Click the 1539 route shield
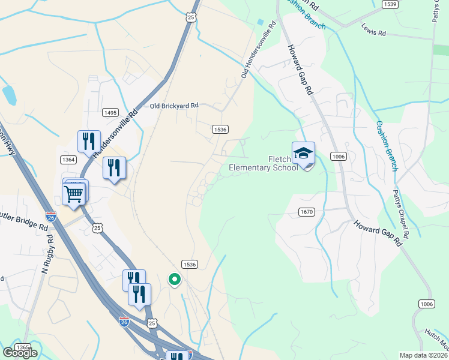pos(390,4)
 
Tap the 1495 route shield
pos(110,112)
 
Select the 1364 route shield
pos(68,159)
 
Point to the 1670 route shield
pos(306,212)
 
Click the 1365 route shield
pos(23,347)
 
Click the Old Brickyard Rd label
pos(174,106)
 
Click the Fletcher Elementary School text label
pos(264,163)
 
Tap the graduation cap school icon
pos(304,154)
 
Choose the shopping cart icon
pos(74,193)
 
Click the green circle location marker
pos(175,279)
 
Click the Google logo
pos(20,353)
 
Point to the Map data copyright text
pos(423,355)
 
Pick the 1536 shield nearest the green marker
pos(190,264)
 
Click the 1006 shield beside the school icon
pos(339,157)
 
